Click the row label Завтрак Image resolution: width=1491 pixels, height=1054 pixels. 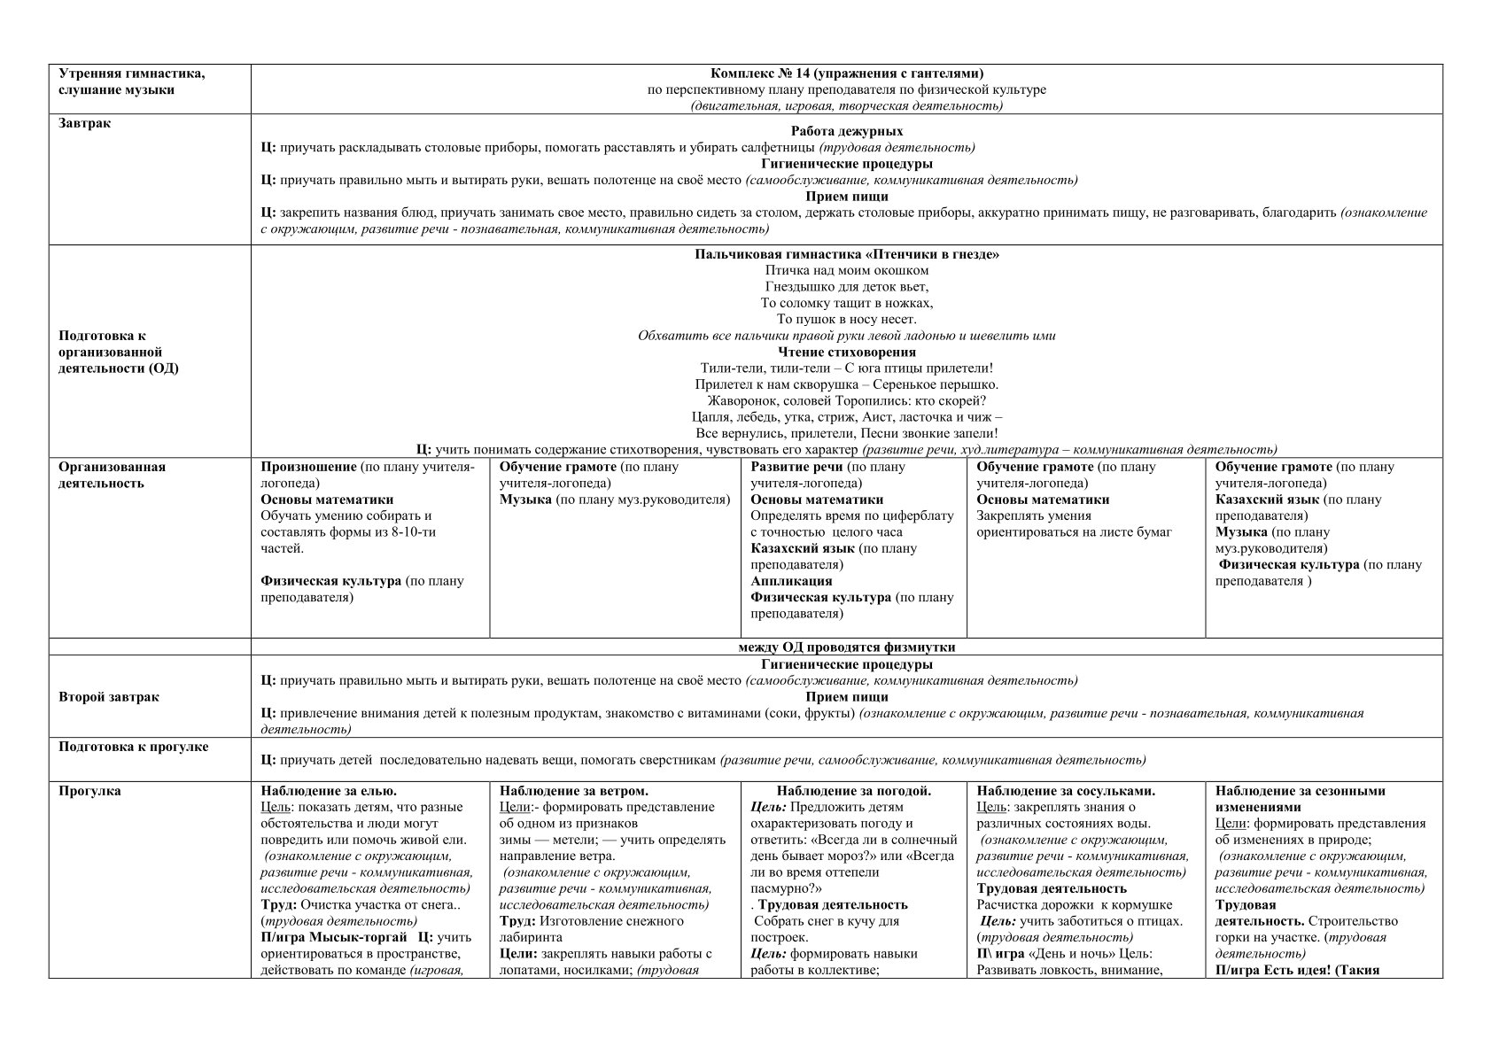tap(85, 124)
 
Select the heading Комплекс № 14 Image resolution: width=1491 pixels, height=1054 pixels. tap(846, 74)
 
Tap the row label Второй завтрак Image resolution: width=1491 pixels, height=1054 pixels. tap(109, 697)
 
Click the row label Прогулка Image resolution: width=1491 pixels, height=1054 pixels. tap(89, 791)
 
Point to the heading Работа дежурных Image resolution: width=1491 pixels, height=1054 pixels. tap(846, 131)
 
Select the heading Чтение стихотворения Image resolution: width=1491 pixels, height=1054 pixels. tap(846, 352)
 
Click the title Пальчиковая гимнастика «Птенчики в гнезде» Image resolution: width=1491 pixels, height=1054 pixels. tap(846, 254)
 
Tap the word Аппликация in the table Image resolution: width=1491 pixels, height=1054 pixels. tap(791, 581)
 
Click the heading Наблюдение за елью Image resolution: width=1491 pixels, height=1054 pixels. tap(329, 791)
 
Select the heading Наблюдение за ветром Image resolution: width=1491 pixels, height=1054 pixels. tap(573, 791)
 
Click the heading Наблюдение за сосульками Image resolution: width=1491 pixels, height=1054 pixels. tap(1065, 791)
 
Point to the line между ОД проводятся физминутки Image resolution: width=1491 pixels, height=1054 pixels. tap(846, 647)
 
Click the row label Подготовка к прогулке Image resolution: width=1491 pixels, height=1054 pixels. tap(134, 747)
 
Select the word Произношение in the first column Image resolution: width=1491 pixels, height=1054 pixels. tap(308, 467)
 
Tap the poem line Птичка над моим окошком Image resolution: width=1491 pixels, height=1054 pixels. tap(846, 270)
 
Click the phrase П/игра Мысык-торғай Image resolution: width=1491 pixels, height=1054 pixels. tap(334, 937)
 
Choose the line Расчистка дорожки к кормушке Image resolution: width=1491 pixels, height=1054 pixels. tap(1074, 904)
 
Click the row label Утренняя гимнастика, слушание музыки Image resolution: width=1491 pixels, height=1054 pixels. tap(131, 81)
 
